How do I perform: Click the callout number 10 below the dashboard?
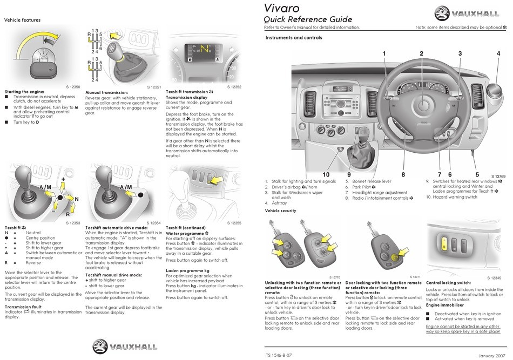[326, 174]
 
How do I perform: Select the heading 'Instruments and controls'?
[294, 38]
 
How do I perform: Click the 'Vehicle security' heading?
[280, 210]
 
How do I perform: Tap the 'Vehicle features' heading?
[22, 20]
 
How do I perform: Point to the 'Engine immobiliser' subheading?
[444, 305]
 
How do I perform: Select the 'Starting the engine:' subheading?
[24, 92]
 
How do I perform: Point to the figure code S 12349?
[494, 277]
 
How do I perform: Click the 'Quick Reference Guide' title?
[308, 20]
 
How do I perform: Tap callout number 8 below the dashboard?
[403, 174]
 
